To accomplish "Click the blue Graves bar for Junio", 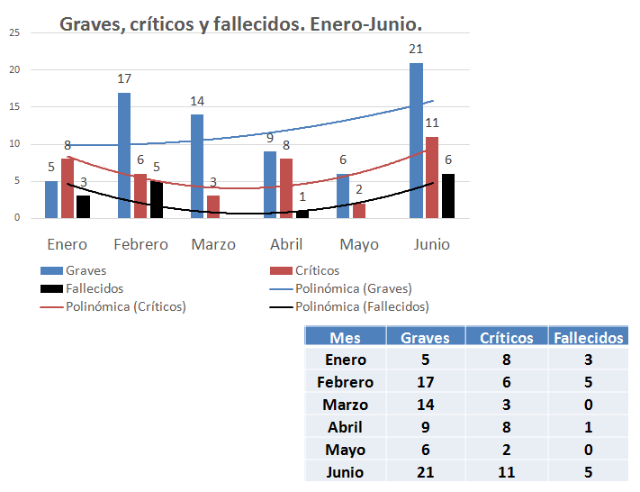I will click(416, 141).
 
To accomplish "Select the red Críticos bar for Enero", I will click(68, 188).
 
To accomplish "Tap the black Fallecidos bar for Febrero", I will click(157, 199).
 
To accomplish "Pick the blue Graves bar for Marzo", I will click(197, 167).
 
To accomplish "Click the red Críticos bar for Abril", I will click(285, 188).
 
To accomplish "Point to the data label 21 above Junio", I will click(415, 50).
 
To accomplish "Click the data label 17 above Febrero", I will click(124, 78).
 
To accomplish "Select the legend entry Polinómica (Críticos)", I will click(125, 306).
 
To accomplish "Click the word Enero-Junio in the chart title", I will click(365, 24).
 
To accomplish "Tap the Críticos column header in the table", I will click(507, 338).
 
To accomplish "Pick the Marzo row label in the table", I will click(345, 405).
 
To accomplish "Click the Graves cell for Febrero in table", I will click(426, 382).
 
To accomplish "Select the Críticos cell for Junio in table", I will click(507, 471).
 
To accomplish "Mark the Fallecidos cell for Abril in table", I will click(588, 427).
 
